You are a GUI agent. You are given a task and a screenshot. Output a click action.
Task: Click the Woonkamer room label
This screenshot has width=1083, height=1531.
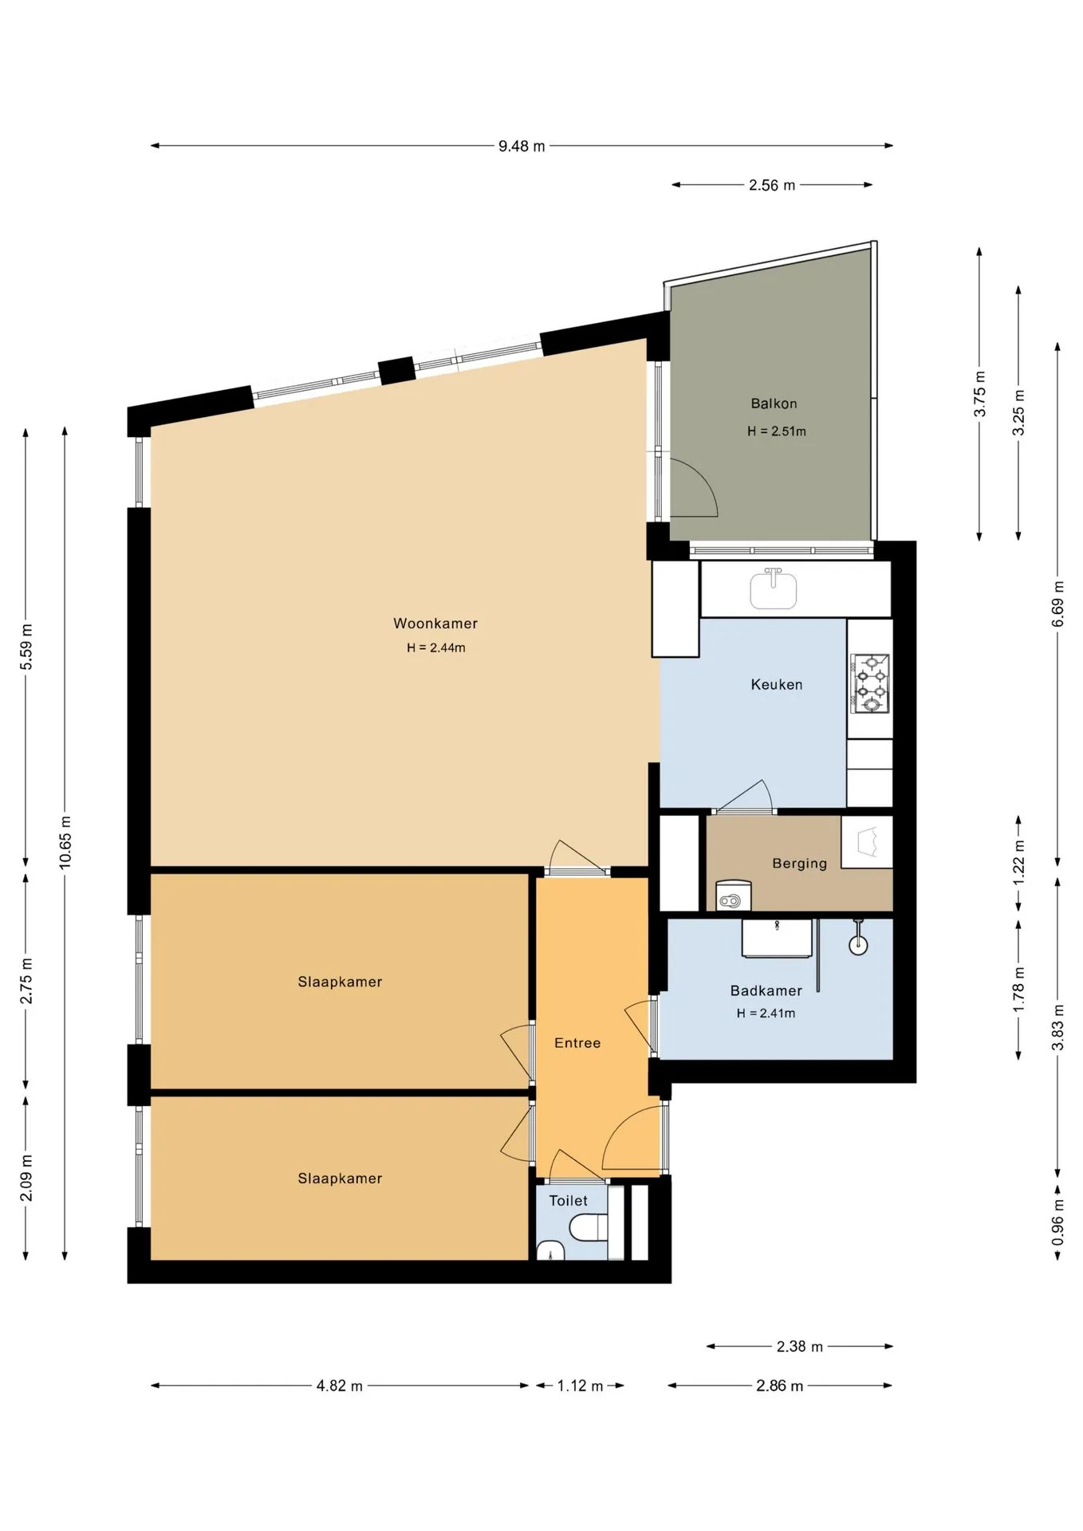click(435, 624)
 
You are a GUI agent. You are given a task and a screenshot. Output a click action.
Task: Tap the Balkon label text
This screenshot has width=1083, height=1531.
click(774, 403)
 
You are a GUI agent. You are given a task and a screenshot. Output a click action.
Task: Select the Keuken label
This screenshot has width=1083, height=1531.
click(777, 684)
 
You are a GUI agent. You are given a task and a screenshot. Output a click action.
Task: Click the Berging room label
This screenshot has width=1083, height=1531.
click(799, 864)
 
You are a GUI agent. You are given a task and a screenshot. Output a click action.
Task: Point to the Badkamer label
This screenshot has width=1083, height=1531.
click(766, 990)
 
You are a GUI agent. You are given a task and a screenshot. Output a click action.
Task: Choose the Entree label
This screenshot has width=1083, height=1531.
click(577, 1043)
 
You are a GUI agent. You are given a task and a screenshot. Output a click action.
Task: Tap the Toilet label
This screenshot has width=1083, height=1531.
click(569, 1201)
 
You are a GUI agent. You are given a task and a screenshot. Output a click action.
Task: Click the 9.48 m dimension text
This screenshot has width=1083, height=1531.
click(522, 146)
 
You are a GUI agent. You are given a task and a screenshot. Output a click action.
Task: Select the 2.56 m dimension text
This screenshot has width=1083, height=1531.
click(772, 185)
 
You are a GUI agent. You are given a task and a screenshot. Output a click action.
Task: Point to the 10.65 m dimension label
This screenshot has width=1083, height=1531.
click(65, 842)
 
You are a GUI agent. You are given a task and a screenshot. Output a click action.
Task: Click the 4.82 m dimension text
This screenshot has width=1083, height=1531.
click(340, 1386)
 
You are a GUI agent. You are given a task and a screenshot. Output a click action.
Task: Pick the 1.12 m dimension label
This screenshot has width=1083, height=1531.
click(580, 1386)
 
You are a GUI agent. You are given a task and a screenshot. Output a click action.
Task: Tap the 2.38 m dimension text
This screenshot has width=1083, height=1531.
click(800, 1347)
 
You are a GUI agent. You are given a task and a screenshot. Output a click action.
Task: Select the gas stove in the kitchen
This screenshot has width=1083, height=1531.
click(871, 683)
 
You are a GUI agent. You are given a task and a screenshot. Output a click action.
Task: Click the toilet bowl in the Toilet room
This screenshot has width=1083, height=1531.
click(591, 1228)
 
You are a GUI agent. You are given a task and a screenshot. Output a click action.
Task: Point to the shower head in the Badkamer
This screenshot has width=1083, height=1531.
click(858, 938)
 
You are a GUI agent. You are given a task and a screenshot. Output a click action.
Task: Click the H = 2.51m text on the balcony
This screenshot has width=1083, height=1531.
click(777, 431)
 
